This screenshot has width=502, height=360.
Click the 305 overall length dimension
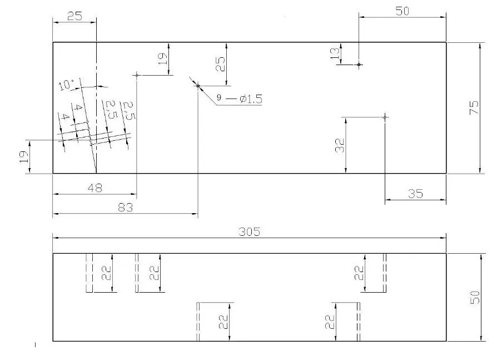(x=250, y=231)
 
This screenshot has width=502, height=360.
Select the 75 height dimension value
(x=474, y=107)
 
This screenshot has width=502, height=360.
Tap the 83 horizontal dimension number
(x=126, y=208)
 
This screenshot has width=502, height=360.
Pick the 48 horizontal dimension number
(x=95, y=188)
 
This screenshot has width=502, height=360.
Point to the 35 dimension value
(x=416, y=194)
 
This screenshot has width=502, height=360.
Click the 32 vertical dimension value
(x=340, y=145)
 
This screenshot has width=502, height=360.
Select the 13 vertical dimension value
(x=335, y=53)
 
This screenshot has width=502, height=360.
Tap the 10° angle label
(x=66, y=85)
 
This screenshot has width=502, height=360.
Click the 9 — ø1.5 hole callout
(x=240, y=98)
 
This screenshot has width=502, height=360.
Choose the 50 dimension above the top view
(x=402, y=11)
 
